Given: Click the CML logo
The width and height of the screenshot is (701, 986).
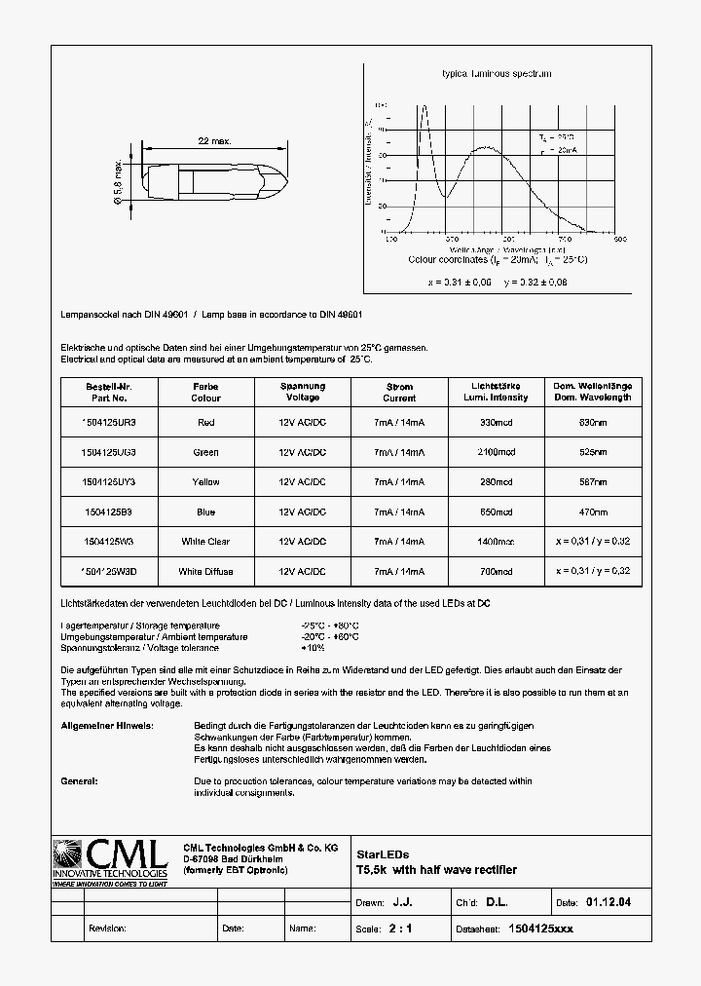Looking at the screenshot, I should [x=109, y=861].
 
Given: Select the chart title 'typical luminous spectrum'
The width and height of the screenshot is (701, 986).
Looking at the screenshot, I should [x=497, y=74].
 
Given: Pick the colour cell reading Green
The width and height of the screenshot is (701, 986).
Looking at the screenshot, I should [x=205, y=452].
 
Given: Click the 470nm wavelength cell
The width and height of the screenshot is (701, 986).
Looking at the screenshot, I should [x=593, y=512].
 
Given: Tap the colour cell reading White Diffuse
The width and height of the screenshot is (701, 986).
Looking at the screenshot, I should [x=205, y=571].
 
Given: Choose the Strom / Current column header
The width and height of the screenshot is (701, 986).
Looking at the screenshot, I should [x=399, y=392].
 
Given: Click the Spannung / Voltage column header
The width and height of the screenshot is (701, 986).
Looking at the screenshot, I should [x=302, y=392].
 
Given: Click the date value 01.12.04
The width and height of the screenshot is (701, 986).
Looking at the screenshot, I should [x=608, y=903].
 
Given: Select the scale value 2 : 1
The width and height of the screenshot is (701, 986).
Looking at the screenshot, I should [x=400, y=929].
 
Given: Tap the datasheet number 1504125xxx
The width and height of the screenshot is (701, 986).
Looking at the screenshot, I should [x=540, y=929].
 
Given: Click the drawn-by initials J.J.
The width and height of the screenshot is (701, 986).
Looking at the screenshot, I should [x=402, y=903].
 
